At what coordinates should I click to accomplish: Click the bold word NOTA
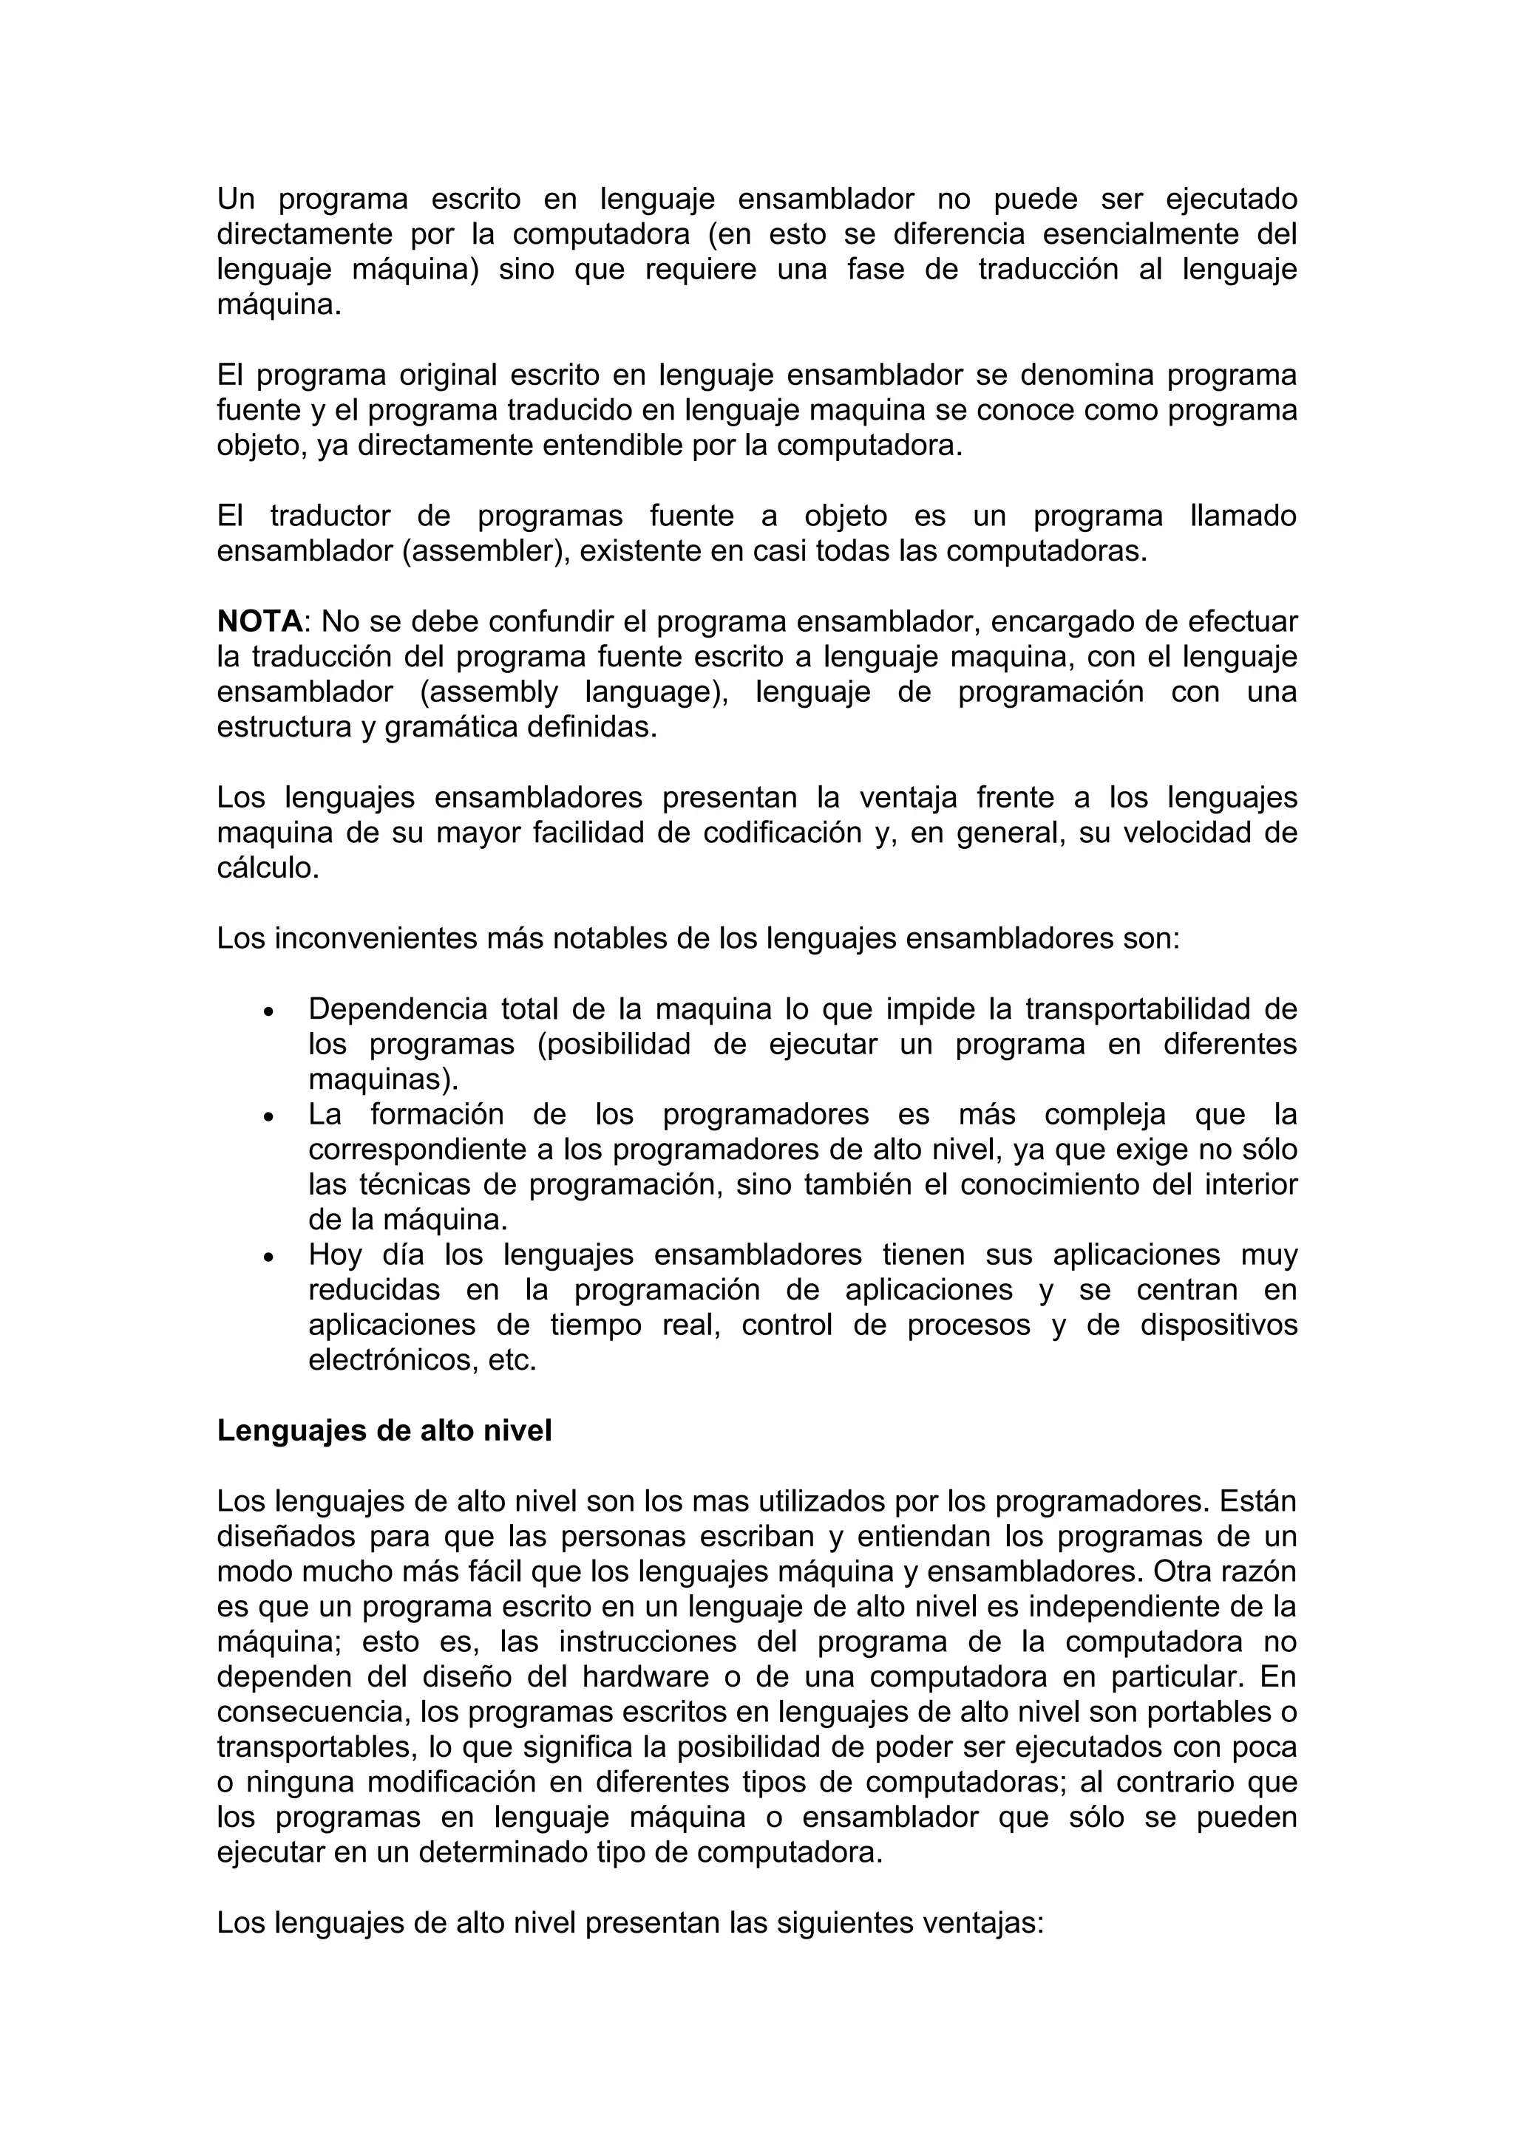[x=259, y=622]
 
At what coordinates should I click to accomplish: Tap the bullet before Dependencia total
[x=268, y=1011]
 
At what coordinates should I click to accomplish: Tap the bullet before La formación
[x=268, y=1117]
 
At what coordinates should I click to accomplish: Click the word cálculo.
[x=268, y=869]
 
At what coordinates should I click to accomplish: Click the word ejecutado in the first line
[x=1232, y=199]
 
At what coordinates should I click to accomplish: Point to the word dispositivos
[x=1218, y=1325]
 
